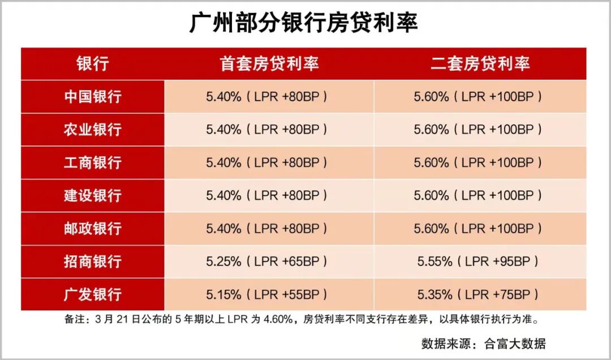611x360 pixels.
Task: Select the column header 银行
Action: point(92,63)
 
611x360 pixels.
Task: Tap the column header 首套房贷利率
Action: point(269,63)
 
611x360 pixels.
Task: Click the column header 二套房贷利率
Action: point(480,63)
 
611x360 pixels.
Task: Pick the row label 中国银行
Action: point(92,96)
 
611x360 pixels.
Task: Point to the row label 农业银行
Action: point(92,129)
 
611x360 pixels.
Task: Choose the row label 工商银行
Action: point(92,162)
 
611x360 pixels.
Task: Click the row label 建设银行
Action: point(92,195)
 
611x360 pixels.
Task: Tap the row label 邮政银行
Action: point(92,229)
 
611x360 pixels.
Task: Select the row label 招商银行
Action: point(92,262)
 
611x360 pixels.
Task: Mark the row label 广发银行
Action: point(92,294)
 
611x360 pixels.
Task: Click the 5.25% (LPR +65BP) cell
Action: point(267,262)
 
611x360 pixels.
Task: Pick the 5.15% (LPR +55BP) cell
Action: point(267,294)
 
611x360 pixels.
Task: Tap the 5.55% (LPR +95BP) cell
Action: point(478,262)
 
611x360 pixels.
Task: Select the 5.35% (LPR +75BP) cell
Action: point(478,294)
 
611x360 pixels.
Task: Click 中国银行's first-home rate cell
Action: point(267,96)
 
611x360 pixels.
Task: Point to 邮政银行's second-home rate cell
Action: point(478,229)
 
